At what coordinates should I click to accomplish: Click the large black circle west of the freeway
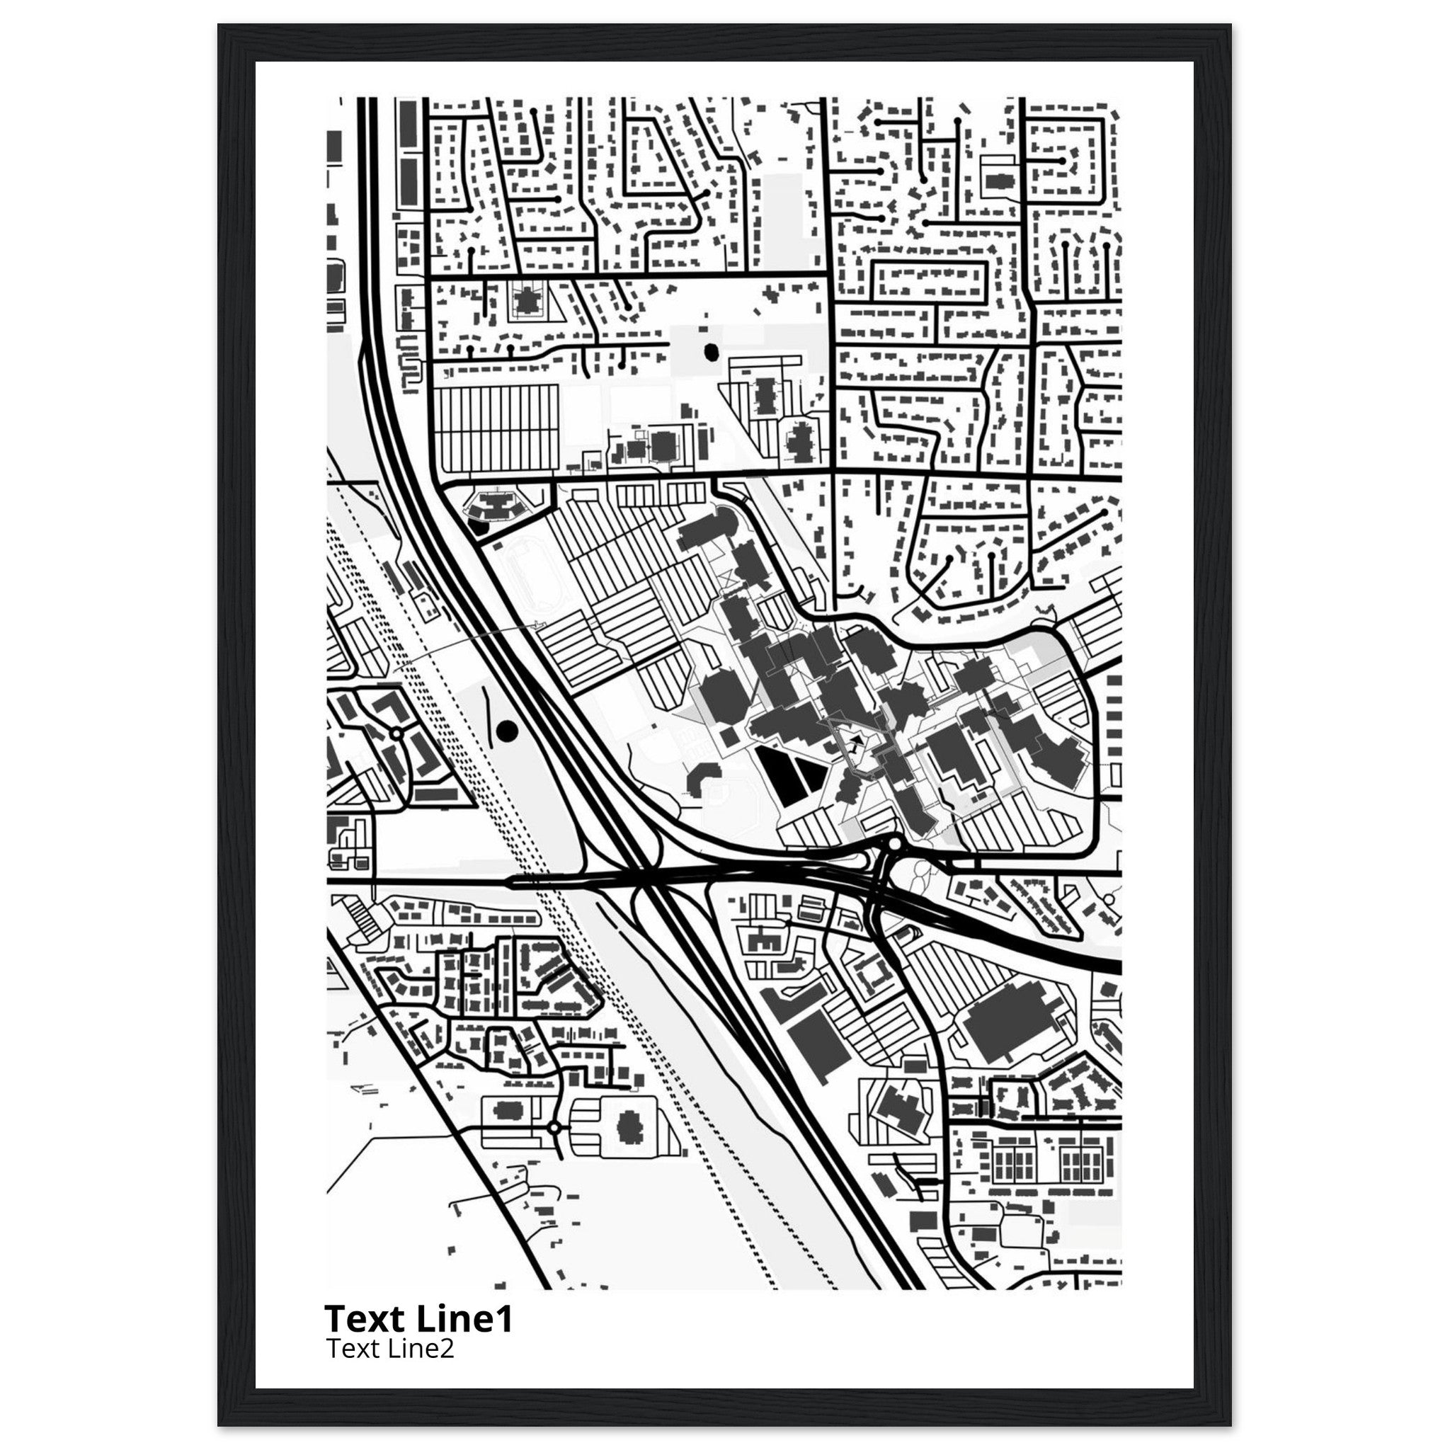point(508,729)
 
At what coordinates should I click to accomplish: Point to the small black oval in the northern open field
point(710,350)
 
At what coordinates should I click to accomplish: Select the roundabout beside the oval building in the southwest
point(554,1148)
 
